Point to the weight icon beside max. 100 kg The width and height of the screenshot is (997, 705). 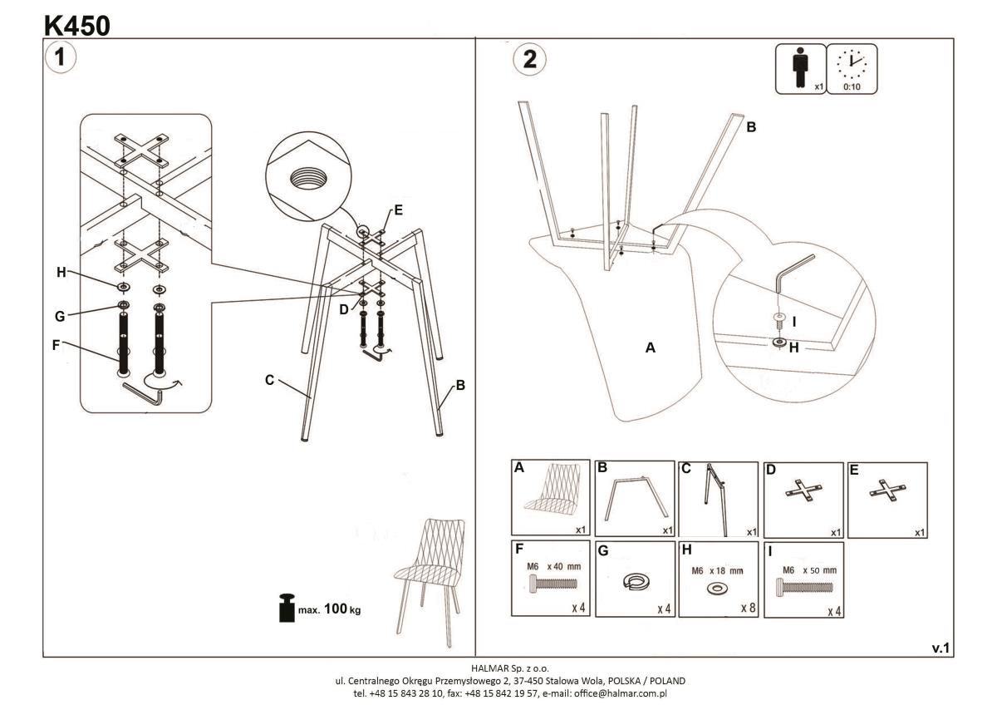click(287, 608)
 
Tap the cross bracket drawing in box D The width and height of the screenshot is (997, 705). click(802, 492)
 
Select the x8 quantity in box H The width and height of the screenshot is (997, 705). click(748, 609)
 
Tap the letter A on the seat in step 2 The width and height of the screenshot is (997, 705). click(651, 348)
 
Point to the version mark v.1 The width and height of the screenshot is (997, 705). click(941, 648)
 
